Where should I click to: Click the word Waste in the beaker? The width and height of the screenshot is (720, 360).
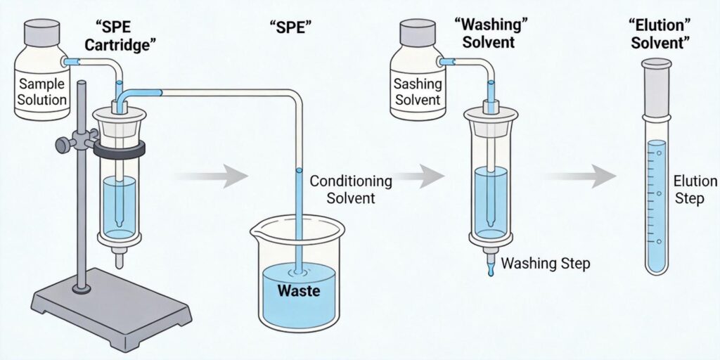[x=299, y=290]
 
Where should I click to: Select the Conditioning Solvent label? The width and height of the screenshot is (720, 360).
[x=342, y=188]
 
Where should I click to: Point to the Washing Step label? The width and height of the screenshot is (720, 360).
[x=546, y=264]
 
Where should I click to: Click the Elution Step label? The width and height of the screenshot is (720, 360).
[x=690, y=189]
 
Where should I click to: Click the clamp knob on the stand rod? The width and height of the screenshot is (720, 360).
[x=64, y=145]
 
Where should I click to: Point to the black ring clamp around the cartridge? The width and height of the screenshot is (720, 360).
[x=119, y=148]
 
